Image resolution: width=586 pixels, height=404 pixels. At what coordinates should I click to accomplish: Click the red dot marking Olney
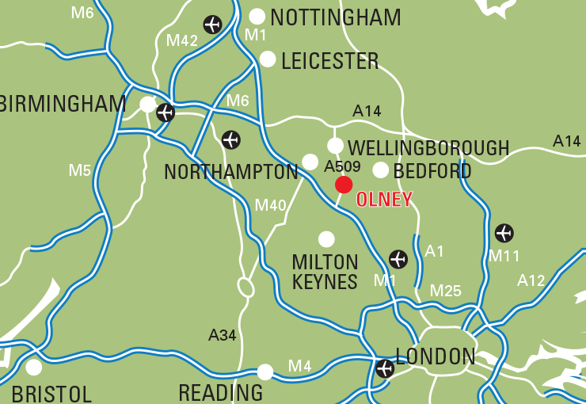(344, 185)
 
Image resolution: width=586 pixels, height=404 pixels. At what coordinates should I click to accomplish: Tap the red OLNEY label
(384, 200)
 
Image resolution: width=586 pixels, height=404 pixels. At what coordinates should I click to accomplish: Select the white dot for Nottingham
(257, 17)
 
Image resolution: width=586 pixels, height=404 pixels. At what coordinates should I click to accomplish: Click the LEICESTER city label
(330, 61)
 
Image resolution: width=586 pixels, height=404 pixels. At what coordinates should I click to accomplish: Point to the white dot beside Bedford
(381, 170)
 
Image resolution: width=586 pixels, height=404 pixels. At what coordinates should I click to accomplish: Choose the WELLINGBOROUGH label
(428, 148)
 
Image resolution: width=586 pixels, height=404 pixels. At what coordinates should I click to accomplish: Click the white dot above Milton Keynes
(326, 238)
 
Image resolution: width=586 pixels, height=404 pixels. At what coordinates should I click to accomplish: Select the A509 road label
(342, 166)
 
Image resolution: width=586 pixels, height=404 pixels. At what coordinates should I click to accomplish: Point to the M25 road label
(445, 291)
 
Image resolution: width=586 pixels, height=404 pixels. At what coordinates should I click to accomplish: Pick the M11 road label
(504, 255)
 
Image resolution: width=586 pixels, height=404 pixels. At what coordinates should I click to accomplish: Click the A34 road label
(223, 335)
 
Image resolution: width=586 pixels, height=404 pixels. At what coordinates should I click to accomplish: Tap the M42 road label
(182, 40)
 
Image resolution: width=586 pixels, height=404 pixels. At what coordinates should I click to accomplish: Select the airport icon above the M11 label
(504, 233)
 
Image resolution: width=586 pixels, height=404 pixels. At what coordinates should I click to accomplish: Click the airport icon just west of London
(385, 368)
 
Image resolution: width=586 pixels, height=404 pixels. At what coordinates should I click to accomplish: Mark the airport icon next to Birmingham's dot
(166, 112)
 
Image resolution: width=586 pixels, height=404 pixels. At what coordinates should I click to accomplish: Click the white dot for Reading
(265, 372)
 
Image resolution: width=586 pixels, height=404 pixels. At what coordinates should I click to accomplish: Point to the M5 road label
(79, 170)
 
